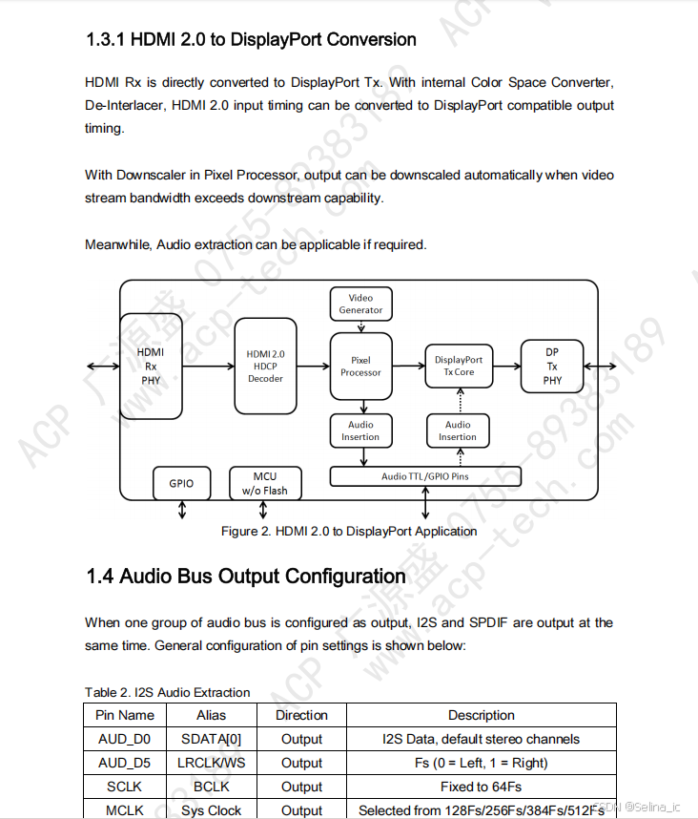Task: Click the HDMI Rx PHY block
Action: (x=151, y=366)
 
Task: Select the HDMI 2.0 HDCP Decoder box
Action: (x=265, y=366)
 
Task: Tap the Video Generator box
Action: (x=360, y=304)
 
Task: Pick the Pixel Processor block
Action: (x=360, y=367)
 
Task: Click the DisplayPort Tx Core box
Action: (x=459, y=366)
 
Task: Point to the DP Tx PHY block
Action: (x=552, y=366)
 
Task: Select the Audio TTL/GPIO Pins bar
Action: (x=425, y=476)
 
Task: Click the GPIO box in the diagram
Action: (x=181, y=483)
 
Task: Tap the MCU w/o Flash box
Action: (x=264, y=483)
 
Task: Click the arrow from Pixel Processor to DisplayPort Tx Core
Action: (x=407, y=366)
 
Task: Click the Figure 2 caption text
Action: (x=349, y=531)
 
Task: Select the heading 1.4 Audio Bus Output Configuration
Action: (x=246, y=577)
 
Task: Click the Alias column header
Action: (x=211, y=715)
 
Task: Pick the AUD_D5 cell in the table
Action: (x=124, y=763)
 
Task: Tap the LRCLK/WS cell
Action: (x=211, y=763)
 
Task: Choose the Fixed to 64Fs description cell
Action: (x=481, y=787)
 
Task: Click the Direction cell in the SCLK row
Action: (x=301, y=787)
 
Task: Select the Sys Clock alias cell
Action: (x=211, y=810)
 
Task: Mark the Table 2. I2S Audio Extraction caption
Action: (x=167, y=692)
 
